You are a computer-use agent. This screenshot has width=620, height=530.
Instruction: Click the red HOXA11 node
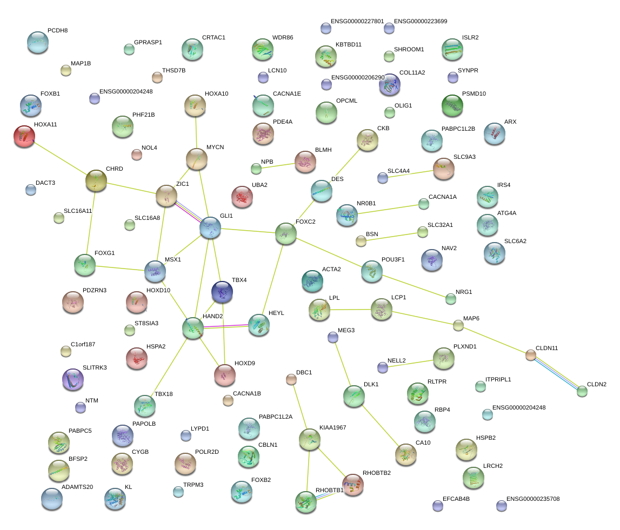(24, 136)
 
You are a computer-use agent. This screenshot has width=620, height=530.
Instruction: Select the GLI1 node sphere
(210, 227)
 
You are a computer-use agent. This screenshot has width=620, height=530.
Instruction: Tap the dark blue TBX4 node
(222, 292)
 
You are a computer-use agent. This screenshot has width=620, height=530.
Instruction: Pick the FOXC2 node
(285, 233)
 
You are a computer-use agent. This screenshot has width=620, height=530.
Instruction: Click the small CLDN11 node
(531, 355)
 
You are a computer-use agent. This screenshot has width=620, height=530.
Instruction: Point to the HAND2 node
(193, 328)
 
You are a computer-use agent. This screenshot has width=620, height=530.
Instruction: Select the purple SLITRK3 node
(73, 379)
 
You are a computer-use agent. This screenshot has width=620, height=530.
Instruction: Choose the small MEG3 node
(333, 337)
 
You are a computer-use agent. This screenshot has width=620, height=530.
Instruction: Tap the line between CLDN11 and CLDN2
(556, 373)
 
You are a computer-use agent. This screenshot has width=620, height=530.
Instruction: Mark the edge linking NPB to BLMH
(276, 165)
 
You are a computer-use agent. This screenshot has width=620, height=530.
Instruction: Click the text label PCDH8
(58, 31)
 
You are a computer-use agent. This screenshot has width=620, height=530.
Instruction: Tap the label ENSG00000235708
(533, 499)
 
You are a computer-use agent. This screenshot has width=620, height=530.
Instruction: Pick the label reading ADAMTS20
(77, 487)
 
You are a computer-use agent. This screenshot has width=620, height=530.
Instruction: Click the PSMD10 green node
(452, 106)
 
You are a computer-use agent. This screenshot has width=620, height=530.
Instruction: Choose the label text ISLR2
(471, 38)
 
